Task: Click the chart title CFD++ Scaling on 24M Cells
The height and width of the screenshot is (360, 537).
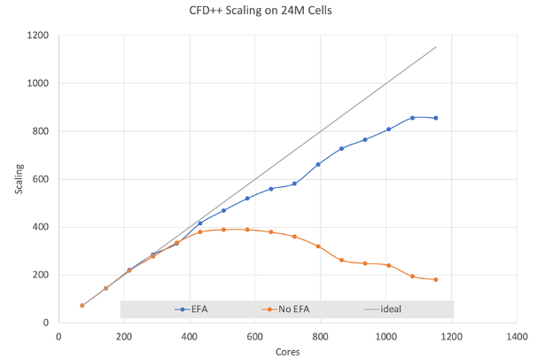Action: (267, 12)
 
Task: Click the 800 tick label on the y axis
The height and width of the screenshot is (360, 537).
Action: (40, 131)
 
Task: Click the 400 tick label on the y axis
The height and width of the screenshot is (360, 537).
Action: (40, 227)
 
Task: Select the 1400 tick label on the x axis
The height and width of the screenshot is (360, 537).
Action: (518, 336)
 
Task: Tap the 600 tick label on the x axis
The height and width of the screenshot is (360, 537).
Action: (255, 336)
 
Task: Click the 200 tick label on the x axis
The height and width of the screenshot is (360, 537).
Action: (124, 336)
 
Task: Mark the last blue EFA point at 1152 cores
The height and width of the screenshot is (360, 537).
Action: (436, 118)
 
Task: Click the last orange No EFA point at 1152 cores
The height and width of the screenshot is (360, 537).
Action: (436, 279)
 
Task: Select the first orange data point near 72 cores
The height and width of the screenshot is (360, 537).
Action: (82, 305)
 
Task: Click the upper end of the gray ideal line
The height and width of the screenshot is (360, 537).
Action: (436, 47)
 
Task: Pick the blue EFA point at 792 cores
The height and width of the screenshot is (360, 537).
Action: (318, 164)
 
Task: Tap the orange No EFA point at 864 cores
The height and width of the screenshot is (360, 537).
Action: (342, 260)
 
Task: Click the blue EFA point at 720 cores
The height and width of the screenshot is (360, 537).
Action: (294, 184)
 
